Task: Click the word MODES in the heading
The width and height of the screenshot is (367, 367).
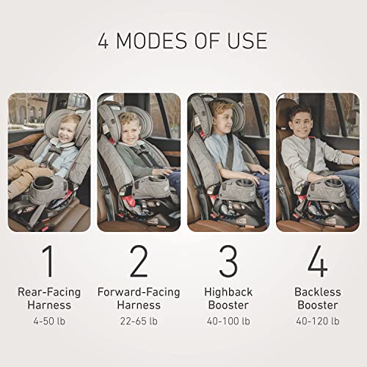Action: click(x=153, y=40)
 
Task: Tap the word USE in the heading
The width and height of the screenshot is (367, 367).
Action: click(x=247, y=40)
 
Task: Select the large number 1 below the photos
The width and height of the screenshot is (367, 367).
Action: click(x=48, y=261)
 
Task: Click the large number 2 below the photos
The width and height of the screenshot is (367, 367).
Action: click(x=139, y=261)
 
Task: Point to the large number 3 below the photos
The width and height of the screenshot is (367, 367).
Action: click(x=228, y=261)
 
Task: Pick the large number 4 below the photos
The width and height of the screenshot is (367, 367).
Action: click(x=318, y=261)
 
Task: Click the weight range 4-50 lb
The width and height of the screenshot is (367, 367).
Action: click(x=49, y=321)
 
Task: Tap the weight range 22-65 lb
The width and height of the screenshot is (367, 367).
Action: click(x=139, y=321)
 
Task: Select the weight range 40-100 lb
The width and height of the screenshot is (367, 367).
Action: click(x=228, y=321)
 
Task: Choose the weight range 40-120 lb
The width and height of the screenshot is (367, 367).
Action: click(x=318, y=321)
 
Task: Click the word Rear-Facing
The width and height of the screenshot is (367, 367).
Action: click(x=49, y=292)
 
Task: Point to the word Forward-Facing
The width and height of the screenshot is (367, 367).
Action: click(x=139, y=292)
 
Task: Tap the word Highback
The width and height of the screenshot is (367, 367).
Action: click(x=228, y=292)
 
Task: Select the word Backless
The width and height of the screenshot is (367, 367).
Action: click(x=318, y=292)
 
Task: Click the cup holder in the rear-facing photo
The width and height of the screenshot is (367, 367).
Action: click(x=40, y=184)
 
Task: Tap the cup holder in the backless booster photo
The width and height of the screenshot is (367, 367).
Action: click(x=334, y=182)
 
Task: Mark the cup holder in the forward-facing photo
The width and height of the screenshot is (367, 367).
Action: click(x=160, y=178)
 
